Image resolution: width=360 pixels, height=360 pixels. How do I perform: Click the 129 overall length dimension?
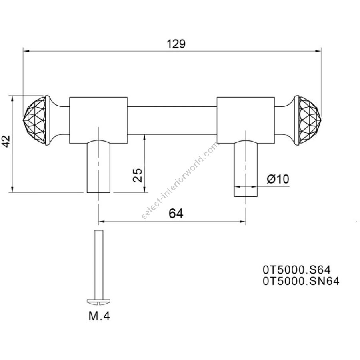pyautogui.click(x=176, y=44)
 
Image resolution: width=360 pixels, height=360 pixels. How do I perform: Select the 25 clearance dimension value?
pyautogui.click(x=138, y=175)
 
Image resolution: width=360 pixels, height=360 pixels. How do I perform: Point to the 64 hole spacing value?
pyautogui.click(x=176, y=214)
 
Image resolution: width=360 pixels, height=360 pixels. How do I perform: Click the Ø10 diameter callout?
pyautogui.click(x=278, y=179)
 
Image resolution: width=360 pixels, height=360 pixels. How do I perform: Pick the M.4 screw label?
pyautogui.click(x=99, y=316)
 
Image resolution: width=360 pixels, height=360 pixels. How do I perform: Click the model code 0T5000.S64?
pyautogui.click(x=297, y=270)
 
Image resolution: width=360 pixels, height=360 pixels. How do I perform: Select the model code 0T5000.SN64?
pyautogui.click(x=301, y=281)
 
